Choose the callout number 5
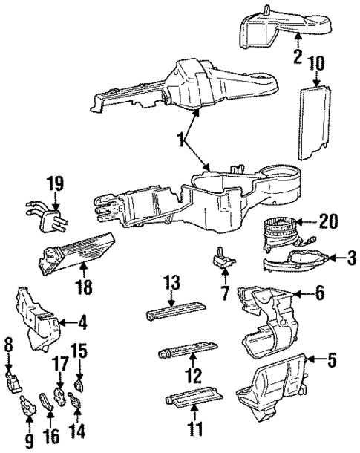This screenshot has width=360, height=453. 333,362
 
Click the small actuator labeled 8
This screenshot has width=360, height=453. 13,385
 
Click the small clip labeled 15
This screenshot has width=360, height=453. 79,386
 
